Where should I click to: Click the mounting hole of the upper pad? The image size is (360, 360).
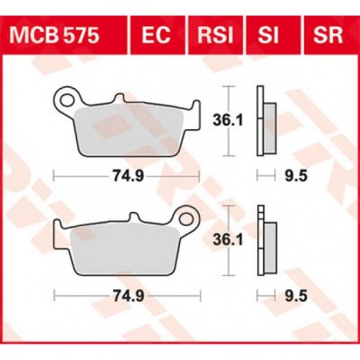[x=65, y=100]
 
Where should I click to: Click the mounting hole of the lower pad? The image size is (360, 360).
[x=189, y=216]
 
